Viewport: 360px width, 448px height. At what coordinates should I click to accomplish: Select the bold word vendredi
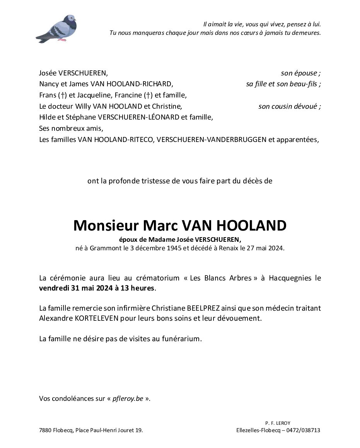coord(54,288)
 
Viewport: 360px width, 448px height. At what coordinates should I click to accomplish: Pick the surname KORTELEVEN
coord(87,318)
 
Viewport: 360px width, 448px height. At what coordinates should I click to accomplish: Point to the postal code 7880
coord(46,430)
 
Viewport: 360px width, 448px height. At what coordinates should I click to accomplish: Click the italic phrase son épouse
coord(300,73)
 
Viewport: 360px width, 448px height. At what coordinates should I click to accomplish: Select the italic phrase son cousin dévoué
coord(289,106)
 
